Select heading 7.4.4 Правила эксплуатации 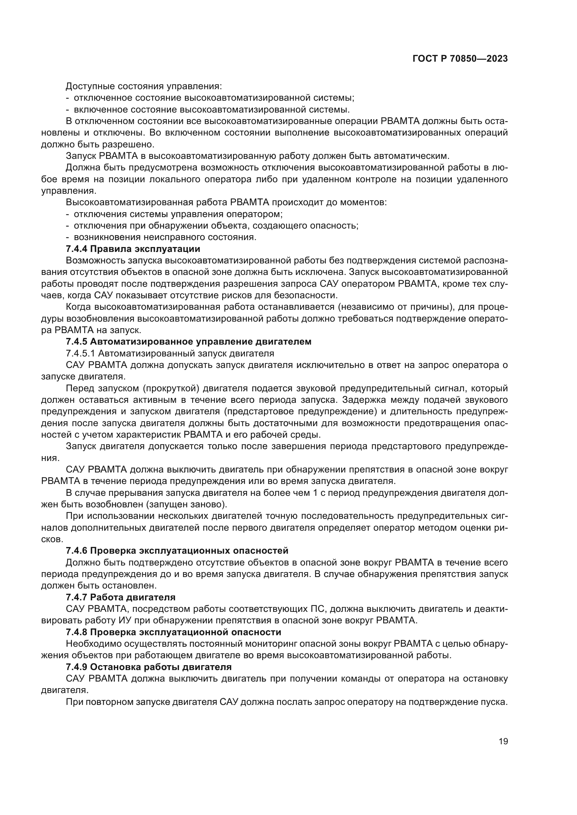[x=133, y=249]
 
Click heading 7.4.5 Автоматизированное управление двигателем [x=188, y=342]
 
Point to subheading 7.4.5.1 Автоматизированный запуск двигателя [x=170, y=354]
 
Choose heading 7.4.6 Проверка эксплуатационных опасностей [x=177, y=551]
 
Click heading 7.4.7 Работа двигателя [x=120, y=598]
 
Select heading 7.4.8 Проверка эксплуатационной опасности [x=173, y=632]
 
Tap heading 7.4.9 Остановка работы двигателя [x=149, y=667]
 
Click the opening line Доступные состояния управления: [x=144, y=86]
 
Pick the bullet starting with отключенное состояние [x=214, y=98]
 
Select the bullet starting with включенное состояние [x=212, y=109]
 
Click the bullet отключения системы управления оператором [x=178, y=214]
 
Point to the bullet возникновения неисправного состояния [x=165, y=237]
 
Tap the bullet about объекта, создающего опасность [x=216, y=226]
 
